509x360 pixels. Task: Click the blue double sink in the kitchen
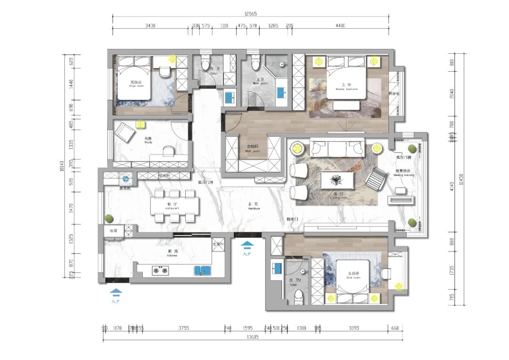(x=203, y=270)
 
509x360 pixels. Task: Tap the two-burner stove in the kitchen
(x=159, y=270)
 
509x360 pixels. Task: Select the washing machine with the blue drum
(x=125, y=179)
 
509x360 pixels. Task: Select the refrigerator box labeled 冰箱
(x=114, y=231)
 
